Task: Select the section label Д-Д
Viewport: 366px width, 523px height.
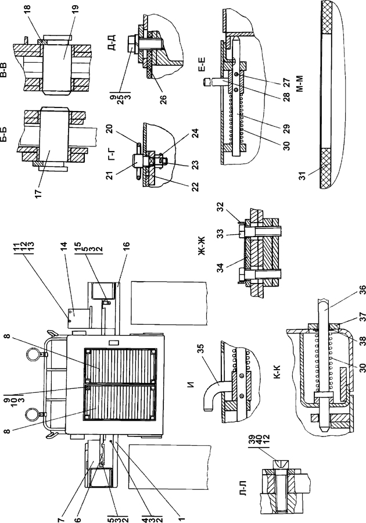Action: tap(112, 44)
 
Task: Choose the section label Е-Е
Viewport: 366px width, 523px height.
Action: tap(202, 65)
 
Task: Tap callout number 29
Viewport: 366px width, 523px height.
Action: tap(285, 128)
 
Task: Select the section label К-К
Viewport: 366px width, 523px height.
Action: tap(277, 374)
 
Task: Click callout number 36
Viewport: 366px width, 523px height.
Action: tap(362, 290)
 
